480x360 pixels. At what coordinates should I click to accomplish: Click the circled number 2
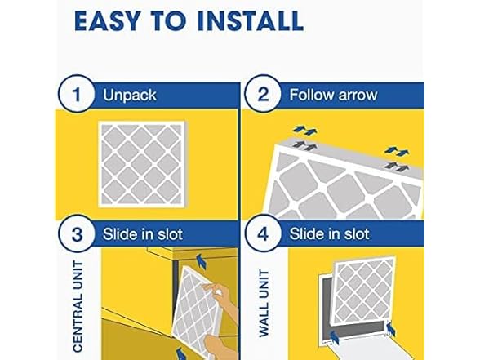click(x=264, y=95)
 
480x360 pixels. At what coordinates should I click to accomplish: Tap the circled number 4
click(x=264, y=234)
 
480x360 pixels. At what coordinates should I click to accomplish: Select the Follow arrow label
click(x=333, y=96)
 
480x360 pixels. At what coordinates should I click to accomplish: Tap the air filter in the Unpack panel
click(x=140, y=161)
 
